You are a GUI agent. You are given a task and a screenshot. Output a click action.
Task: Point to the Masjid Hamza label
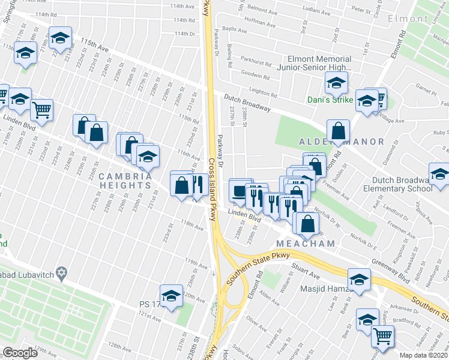point(324,290)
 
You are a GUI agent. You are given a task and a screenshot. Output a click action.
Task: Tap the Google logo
point(20,353)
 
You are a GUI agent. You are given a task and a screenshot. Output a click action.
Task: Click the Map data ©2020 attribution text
point(424,355)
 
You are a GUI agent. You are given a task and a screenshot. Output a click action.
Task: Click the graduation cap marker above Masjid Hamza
point(359,280)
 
